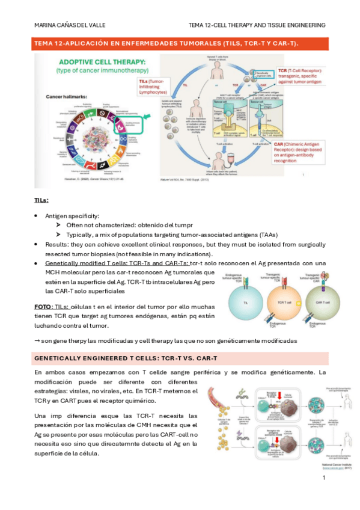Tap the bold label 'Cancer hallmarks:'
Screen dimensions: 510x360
coord(65,96)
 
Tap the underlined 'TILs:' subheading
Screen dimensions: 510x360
coord(41,200)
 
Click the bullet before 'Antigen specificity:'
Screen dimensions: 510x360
coord(37,215)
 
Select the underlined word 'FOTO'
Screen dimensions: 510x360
coord(43,307)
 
